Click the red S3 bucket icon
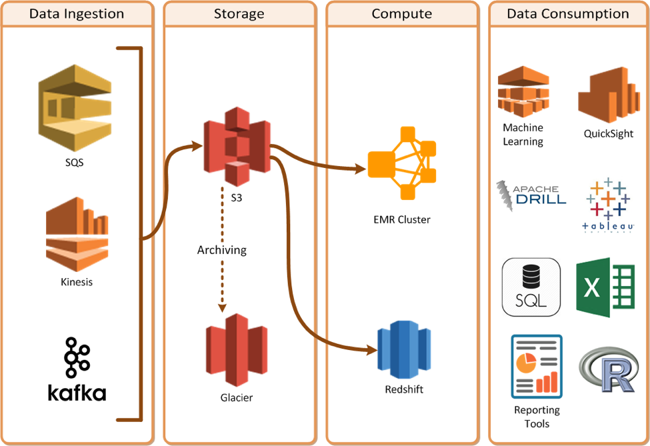pyautogui.click(x=237, y=145)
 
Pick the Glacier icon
pyautogui.click(x=237, y=350)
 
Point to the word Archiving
pyautogui.click(x=222, y=250)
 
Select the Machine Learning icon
pyautogui.click(x=523, y=93)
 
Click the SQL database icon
pyautogui.click(x=531, y=287)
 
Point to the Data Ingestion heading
pyautogui.click(x=77, y=14)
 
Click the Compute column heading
pyautogui.click(x=402, y=14)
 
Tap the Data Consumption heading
pyautogui.click(x=568, y=14)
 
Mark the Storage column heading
pyautogui.click(x=239, y=14)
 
